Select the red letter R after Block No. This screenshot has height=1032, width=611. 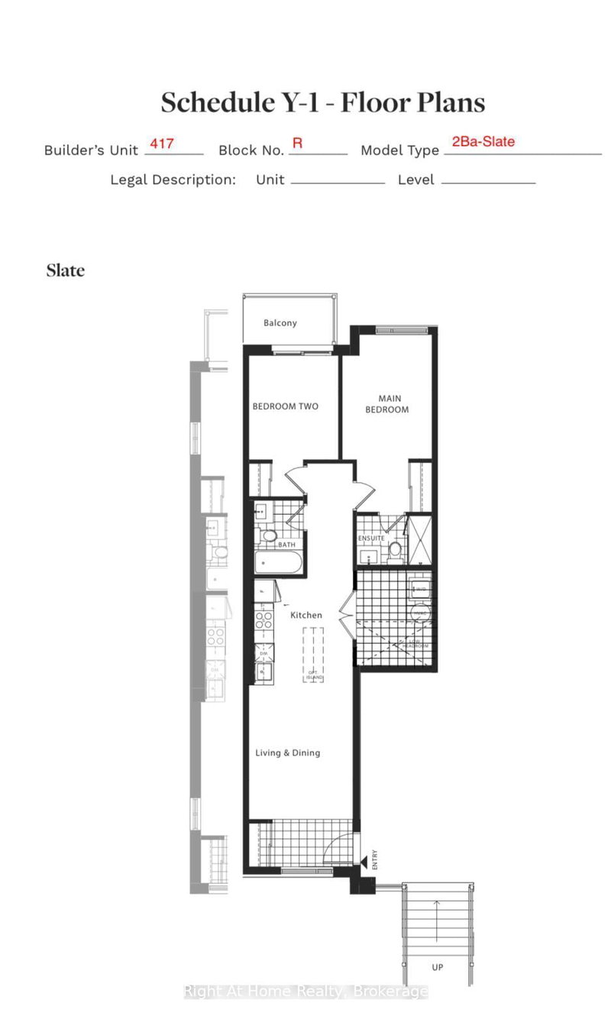(297, 143)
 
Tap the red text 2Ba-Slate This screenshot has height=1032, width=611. (483, 141)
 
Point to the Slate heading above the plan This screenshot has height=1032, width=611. (65, 270)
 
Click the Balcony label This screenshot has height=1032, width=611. (280, 323)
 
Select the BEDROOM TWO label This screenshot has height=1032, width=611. (285, 406)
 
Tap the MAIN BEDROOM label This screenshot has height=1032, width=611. (393, 404)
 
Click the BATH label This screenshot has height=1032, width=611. (286, 545)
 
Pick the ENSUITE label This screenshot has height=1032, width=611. (371, 539)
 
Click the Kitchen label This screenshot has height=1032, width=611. (306, 615)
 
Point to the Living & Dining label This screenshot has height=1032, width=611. (287, 753)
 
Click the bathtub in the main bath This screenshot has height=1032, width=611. (279, 565)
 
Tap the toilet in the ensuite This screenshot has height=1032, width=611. (396, 549)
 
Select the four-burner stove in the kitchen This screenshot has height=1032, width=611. (263, 620)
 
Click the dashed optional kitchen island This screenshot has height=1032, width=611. (313, 653)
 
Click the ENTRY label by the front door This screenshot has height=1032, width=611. (374, 861)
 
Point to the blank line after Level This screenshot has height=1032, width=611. (488, 182)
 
